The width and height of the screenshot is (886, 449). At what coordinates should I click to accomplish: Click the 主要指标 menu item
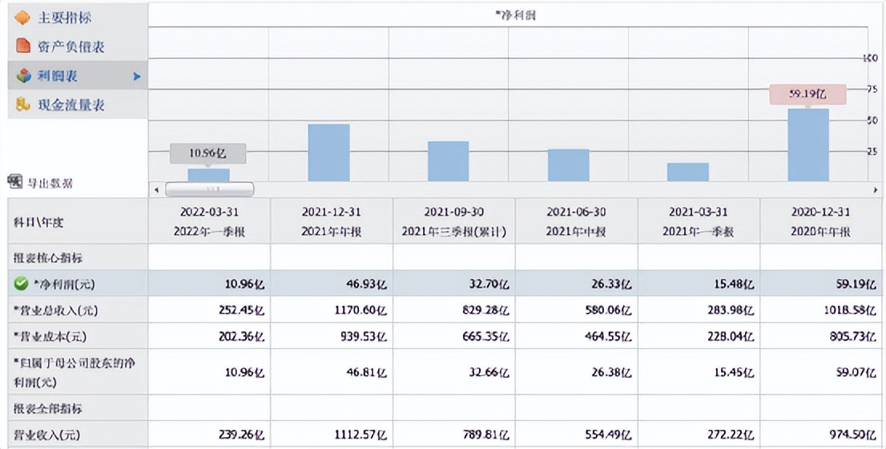[x=64, y=17]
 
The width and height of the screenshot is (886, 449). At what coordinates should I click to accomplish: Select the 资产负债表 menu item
[x=70, y=47]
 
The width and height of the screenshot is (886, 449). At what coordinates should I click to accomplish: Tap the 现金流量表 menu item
[x=70, y=105]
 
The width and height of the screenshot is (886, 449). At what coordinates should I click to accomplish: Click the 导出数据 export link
[x=49, y=183]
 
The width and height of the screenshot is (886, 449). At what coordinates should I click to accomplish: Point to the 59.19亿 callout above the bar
[x=807, y=94]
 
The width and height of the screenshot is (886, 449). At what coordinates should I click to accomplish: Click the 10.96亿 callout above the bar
[x=207, y=153]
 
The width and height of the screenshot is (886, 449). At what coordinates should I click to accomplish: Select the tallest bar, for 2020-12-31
[x=807, y=145]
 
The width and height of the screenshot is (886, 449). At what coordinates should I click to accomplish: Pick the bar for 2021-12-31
[x=328, y=152]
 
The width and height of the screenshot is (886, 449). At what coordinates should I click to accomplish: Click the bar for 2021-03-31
[x=688, y=172]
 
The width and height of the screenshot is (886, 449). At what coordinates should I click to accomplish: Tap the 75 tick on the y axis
[x=872, y=90]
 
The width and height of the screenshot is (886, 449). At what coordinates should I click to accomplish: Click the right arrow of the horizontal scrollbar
[x=875, y=190]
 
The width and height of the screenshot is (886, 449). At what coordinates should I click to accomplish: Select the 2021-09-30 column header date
[x=454, y=212]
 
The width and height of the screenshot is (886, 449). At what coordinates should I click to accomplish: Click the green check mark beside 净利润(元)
[x=21, y=283]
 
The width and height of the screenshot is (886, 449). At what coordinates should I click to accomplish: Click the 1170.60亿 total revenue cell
[x=361, y=310]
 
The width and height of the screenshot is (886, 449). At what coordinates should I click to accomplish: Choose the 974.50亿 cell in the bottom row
[x=852, y=435]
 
